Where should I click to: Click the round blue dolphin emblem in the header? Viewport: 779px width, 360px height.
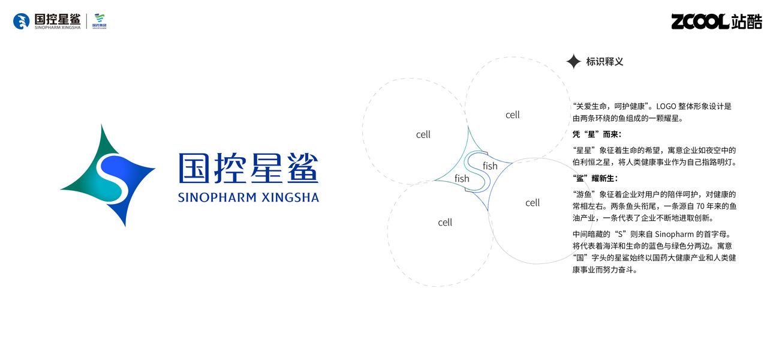22,22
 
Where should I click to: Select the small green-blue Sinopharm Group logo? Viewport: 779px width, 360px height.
100,21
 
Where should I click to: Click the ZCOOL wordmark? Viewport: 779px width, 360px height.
700,22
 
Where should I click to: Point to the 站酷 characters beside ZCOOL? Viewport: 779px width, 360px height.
747,22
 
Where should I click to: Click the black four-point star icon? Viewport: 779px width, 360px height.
573,61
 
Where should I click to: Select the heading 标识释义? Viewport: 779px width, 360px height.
604,61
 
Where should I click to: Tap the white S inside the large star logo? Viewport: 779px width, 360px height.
110,176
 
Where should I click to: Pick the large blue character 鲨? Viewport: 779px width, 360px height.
302,168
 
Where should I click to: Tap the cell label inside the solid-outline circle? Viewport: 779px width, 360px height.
533,203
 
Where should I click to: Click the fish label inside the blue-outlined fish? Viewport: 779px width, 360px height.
490,166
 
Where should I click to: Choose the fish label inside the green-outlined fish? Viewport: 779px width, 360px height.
462,178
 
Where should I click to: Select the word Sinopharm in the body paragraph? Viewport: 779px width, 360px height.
673,234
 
